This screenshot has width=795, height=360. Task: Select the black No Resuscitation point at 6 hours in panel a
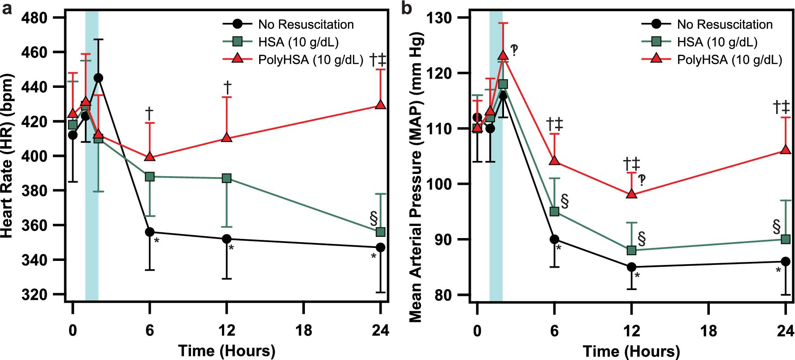pyautogui.click(x=150, y=232)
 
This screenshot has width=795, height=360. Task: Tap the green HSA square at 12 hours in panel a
pyautogui.click(x=227, y=178)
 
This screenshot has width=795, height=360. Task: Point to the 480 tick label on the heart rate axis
pyautogui.click(x=35, y=18)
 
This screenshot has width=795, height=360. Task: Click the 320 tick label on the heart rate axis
pyautogui.click(x=35, y=295)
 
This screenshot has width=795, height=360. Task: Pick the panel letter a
pyautogui.click(x=7, y=9)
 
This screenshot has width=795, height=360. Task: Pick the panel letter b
pyautogui.click(x=407, y=9)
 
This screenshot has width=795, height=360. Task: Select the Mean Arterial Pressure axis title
pyautogui.click(x=416, y=177)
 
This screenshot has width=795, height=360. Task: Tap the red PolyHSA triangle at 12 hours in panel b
pyautogui.click(x=631, y=194)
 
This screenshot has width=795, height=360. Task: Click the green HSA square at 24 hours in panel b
pyautogui.click(x=785, y=239)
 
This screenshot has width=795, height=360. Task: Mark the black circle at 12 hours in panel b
pyautogui.click(x=631, y=267)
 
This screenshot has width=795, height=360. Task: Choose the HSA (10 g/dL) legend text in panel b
pyautogui.click(x=717, y=42)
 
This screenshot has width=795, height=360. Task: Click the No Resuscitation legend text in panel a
pyautogui.click(x=306, y=24)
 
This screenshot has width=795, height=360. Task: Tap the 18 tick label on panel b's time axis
pyautogui.click(x=708, y=331)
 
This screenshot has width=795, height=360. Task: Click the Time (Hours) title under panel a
pyautogui.click(x=226, y=351)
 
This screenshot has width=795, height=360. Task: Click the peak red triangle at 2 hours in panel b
pyautogui.click(x=503, y=55)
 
